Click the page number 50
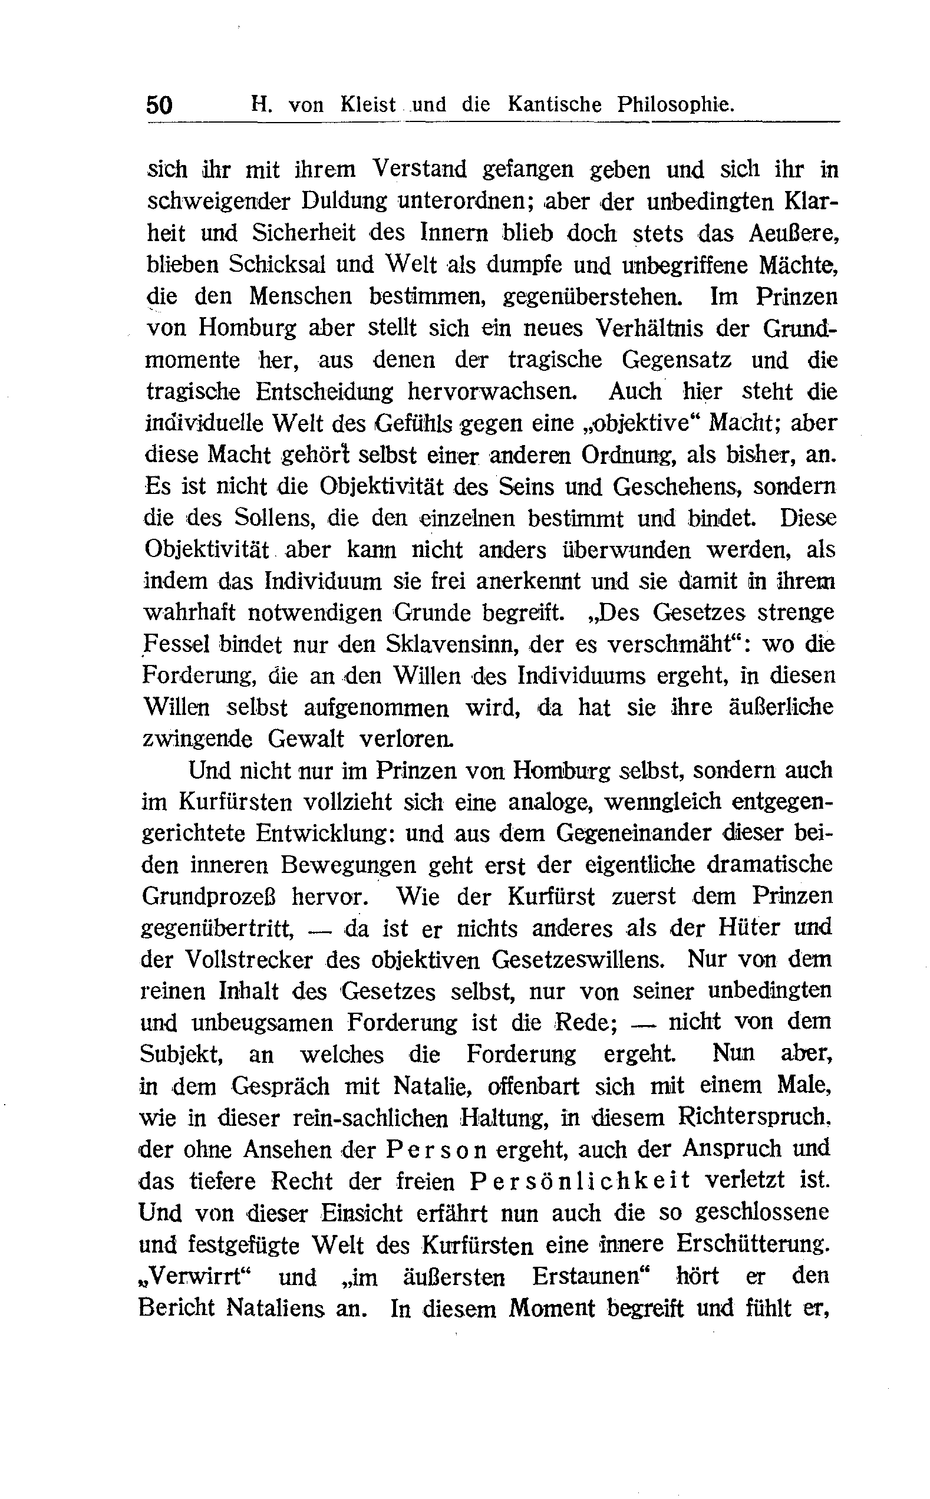(x=159, y=105)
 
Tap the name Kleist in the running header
(x=368, y=105)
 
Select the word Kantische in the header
(x=554, y=104)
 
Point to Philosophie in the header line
(x=675, y=104)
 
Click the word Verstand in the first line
(x=421, y=169)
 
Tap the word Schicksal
(x=278, y=265)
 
